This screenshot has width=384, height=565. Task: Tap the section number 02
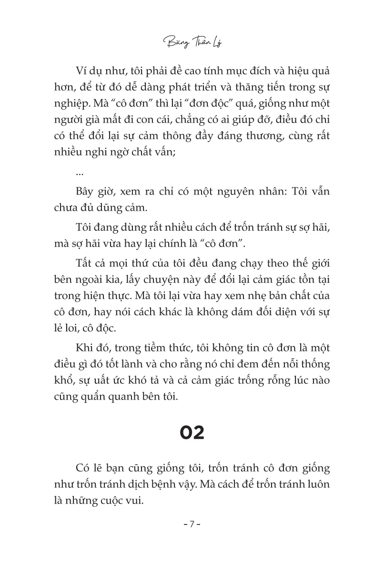coord(192,432)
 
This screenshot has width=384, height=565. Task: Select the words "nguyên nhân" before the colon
coord(249,191)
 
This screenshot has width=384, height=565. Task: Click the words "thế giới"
coord(311,263)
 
